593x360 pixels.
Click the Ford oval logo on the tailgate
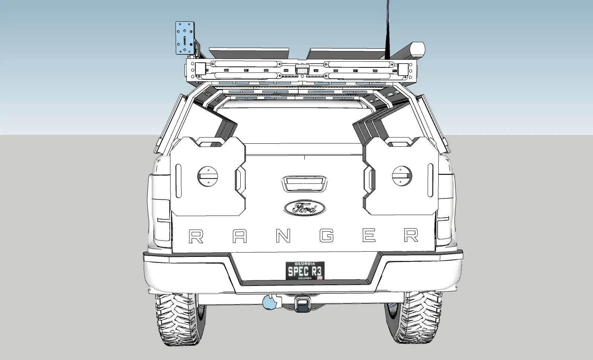coord(304,208)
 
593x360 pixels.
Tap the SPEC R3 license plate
coord(305,270)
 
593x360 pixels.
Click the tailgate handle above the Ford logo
coord(304,183)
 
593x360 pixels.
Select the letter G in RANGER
coord(326,236)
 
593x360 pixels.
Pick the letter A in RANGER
coord(240,236)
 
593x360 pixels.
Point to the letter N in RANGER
coord(283,236)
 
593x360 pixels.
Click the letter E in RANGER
coord(369,235)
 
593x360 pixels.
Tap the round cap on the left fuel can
coord(208,176)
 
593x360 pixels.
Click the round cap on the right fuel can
coord(402,176)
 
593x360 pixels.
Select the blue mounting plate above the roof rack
coord(185,38)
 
